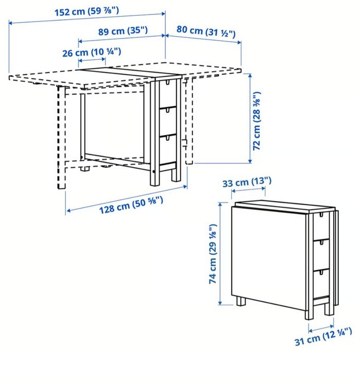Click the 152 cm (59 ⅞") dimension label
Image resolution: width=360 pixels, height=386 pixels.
pos(87,11)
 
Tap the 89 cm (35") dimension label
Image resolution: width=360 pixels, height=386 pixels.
pos(123,31)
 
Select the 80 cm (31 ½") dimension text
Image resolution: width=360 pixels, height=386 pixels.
pos(205,31)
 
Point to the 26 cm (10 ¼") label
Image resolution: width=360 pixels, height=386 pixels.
pos(92,52)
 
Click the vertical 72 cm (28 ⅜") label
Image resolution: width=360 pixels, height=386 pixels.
pos(256,121)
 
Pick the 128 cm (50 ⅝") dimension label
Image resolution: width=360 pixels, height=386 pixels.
pos(131,205)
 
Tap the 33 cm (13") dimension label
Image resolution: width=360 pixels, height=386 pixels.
pos(247,182)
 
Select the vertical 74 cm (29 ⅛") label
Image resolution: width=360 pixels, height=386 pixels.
pos(212,254)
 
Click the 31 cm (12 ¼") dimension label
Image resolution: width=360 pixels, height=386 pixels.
pos(323,337)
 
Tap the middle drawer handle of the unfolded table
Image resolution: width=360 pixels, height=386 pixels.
pos(168,111)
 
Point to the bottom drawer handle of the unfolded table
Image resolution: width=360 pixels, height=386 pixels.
pos(168,138)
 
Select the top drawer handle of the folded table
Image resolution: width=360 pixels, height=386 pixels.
pos(321,215)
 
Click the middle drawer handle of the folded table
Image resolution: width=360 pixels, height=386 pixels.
pos(321,242)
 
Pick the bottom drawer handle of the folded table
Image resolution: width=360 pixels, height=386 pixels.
pos(321,272)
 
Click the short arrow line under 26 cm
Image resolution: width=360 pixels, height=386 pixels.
pos(92,60)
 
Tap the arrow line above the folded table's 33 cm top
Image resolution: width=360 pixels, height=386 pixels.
pos(248,190)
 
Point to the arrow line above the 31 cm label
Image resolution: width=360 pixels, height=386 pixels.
pos(321,328)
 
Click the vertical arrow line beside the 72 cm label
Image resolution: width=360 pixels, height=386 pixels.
pos(250,118)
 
